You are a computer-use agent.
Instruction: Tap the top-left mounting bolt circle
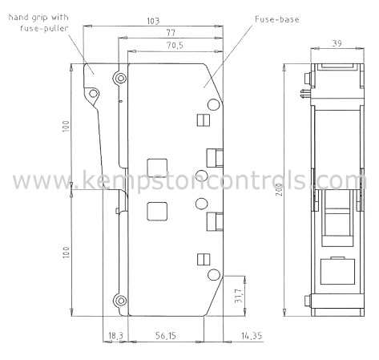click(120, 79)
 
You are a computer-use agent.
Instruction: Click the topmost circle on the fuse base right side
click(212, 103)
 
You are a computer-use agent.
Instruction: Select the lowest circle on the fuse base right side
click(212, 276)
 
